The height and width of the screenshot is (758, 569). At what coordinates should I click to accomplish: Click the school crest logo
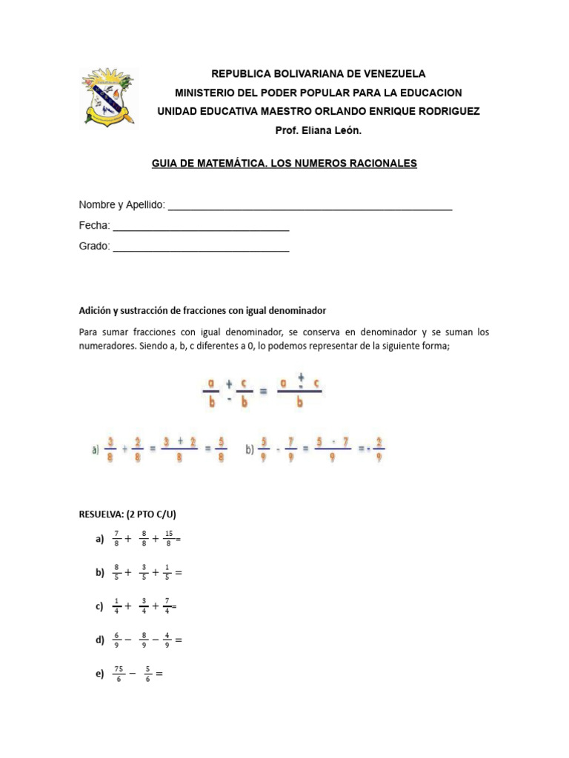107,98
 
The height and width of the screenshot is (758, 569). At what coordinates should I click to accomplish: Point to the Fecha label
94,225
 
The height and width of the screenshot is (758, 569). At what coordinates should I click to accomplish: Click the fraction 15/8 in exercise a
169,540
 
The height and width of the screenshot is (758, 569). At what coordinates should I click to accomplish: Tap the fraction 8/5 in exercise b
116,572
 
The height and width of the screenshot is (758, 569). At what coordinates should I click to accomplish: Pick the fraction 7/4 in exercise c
168,606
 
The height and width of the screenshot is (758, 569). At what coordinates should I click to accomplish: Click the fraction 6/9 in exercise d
116,640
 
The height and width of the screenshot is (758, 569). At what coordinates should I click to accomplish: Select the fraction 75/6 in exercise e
119,674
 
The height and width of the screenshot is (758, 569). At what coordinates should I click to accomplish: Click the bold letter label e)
99,674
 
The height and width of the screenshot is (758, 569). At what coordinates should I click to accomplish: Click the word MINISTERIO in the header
204,93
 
